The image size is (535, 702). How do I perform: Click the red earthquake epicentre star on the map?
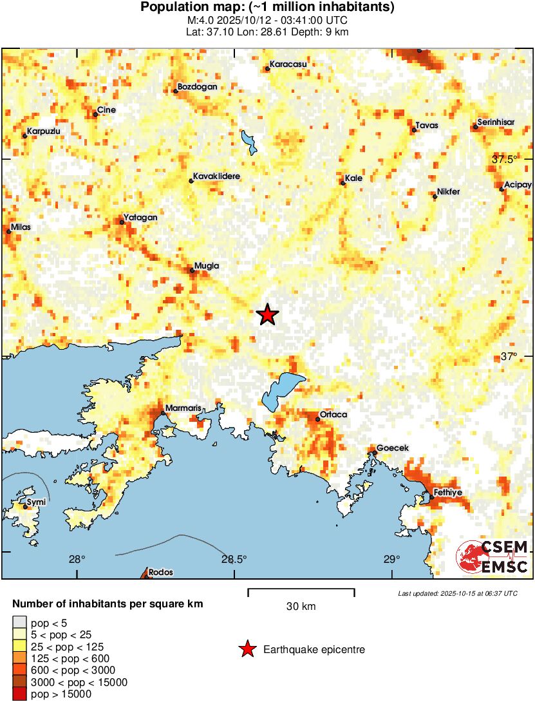pos(267,315)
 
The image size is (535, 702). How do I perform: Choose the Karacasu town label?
pos(288,64)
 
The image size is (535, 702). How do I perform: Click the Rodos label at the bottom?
pos(160,572)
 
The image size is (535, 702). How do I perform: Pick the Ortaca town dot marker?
pos(318,419)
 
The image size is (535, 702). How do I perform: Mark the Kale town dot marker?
pos(343,184)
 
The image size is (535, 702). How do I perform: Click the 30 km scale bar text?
pos(301,607)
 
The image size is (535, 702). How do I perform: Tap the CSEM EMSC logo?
pos(493,557)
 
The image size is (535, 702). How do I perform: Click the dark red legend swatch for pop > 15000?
pos(20,694)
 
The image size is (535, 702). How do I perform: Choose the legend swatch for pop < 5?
pos(20,622)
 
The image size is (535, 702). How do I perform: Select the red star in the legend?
pos(247,650)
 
